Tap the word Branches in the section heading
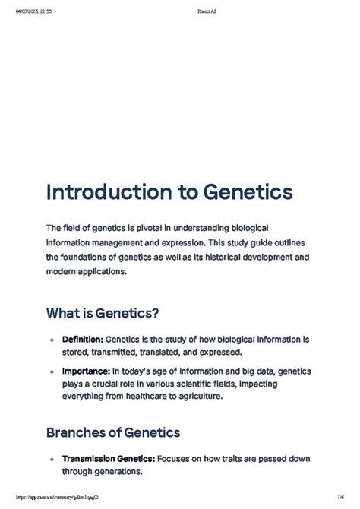pyautogui.click(x=81, y=432)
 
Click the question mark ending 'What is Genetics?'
pyautogui.click(x=156, y=313)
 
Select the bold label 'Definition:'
pyautogui.click(x=83, y=339)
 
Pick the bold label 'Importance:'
pyautogui.click(x=85, y=372)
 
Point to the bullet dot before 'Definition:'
pyautogui.click(x=51, y=340)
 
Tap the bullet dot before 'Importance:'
pyautogui.click(x=51, y=373)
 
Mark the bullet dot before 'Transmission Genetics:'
pyautogui.click(x=51, y=459)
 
